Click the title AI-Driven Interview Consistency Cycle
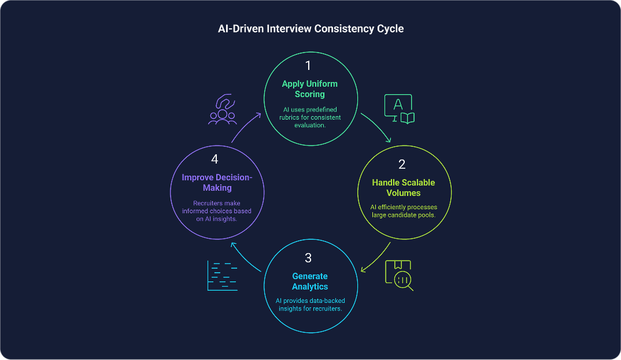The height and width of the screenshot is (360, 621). [x=310, y=29]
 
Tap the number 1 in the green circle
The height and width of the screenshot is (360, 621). [x=308, y=65]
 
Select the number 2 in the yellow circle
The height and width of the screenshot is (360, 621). [x=402, y=164]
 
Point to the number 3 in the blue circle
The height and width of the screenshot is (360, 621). [x=309, y=257]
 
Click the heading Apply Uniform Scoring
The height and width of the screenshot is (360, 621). [x=310, y=88]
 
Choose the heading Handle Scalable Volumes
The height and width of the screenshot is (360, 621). [x=403, y=187]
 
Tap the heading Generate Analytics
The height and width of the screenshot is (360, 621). [x=310, y=281]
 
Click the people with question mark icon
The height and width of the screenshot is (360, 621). [x=223, y=110]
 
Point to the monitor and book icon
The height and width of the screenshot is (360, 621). [x=400, y=109]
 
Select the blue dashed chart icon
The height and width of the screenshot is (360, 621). [x=223, y=276]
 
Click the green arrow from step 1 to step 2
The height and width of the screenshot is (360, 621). [x=377, y=127]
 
